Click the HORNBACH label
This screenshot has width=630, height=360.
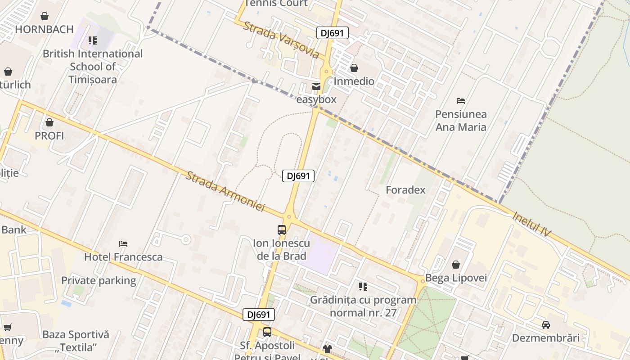coord(44,30)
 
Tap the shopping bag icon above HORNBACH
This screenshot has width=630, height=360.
coord(45,17)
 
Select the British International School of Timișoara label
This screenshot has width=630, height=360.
coord(93,67)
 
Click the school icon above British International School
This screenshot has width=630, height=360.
coord(93,41)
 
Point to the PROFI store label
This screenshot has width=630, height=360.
coord(49,135)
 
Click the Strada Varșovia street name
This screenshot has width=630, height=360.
coord(281,40)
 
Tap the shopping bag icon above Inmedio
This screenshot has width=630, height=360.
coord(354,68)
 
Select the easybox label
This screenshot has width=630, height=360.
coord(316,99)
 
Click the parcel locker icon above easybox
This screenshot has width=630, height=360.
coord(316,86)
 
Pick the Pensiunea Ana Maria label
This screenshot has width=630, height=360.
coord(461,121)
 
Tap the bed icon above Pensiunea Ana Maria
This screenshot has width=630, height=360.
coord(461,101)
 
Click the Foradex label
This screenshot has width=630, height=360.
coord(405,190)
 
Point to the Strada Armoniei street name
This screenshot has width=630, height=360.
coord(225,191)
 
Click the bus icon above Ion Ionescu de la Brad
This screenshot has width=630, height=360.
coord(282,230)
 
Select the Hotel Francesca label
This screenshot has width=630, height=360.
coord(123,257)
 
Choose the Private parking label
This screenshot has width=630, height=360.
coord(99,280)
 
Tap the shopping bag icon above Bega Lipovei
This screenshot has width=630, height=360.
coord(456,265)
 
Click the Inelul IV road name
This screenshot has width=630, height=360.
coord(531,224)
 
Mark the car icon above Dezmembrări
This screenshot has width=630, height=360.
coord(546,324)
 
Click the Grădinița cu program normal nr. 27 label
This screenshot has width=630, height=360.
coord(363,306)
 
